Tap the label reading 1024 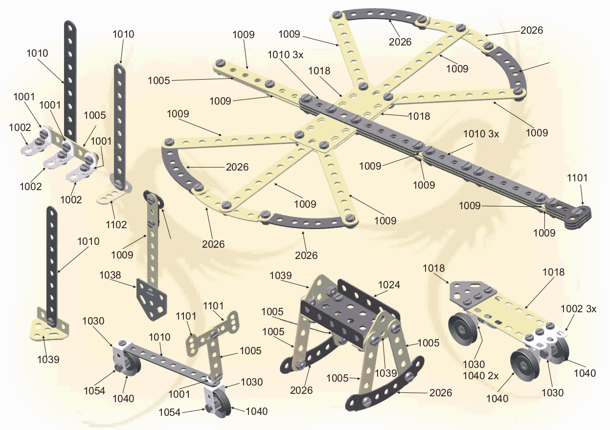pos(389,285)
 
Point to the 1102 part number pos(116,225)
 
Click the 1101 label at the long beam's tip pos(577,178)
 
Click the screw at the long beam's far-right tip pos(580,211)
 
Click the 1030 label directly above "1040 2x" pos(474,364)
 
